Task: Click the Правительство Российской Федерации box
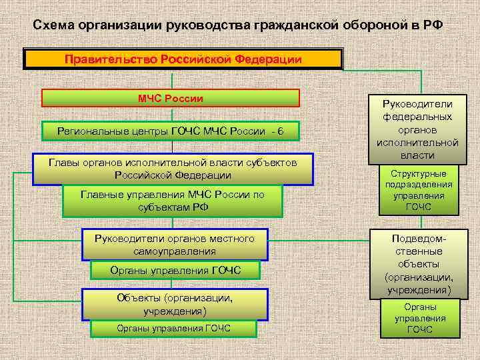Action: (x=183, y=59)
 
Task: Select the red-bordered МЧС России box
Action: (x=171, y=99)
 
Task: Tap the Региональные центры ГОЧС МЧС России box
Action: (x=171, y=131)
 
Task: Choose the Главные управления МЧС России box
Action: (x=173, y=201)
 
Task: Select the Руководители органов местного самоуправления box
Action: (x=174, y=245)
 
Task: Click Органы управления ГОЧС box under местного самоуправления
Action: (x=174, y=270)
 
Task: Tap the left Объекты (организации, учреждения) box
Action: (x=175, y=304)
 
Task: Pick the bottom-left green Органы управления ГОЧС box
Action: (x=173, y=328)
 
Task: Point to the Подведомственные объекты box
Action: (x=417, y=264)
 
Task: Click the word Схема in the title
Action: (x=54, y=25)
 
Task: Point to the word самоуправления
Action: (x=174, y=251)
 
